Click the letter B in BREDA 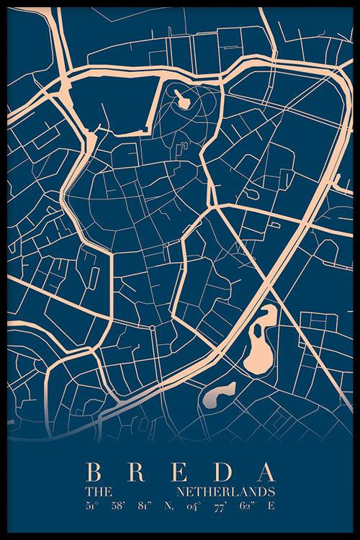(93, 472)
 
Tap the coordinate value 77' (220, 505)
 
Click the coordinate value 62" (246, 505)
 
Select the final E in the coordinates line (271, 505)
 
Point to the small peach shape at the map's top (182, 99)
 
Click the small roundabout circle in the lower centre (152, 328)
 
